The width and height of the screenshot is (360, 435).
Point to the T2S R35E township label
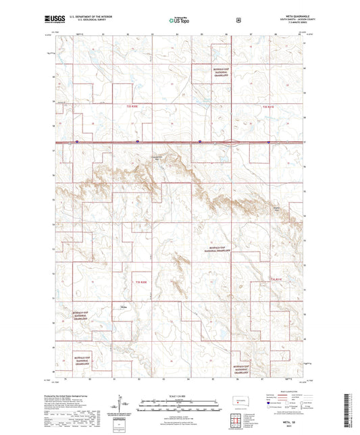(131, 107)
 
